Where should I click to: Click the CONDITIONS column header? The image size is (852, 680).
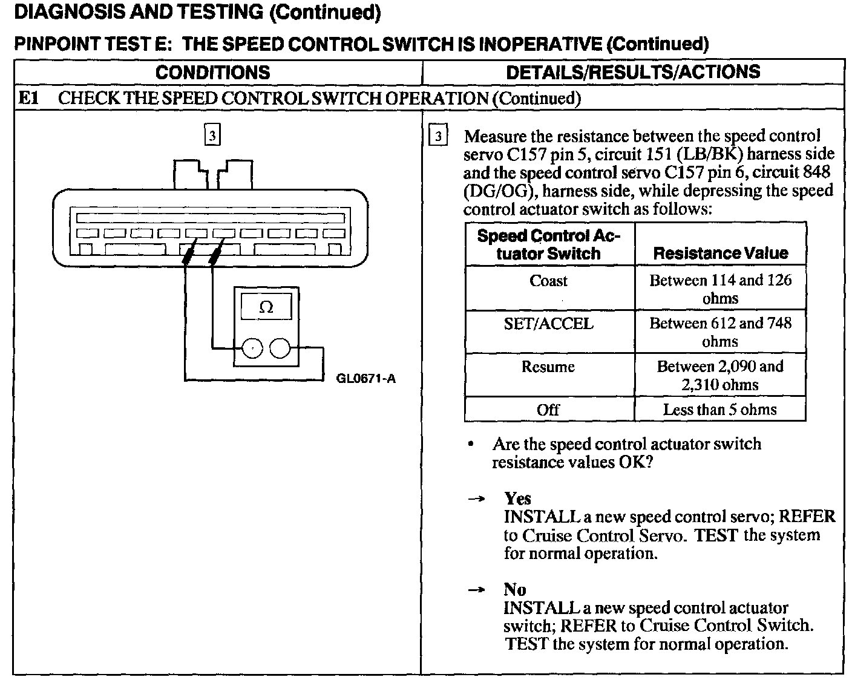(x=212, y=73)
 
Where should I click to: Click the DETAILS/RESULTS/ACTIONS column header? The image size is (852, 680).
(x=632, y=72)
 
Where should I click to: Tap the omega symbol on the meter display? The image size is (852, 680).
(x=266, y=307)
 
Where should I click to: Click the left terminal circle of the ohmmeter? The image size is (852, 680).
(x=252, y=348)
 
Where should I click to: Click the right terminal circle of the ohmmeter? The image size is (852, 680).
(x=280, y=348)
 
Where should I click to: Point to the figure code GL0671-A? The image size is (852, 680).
(x=365, y=379)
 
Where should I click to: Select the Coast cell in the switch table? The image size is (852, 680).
(x=548, y=281)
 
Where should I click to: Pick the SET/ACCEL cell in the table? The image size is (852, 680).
(x=548, y=324)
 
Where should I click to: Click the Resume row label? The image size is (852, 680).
(x=548, y=367)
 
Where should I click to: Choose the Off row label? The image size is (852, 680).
(x=548, y=410)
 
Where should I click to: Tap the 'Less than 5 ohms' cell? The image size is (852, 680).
(x=719, y=410)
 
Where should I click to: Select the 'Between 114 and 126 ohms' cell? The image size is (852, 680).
(x=719, y=289)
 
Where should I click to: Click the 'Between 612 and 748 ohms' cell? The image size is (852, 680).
(x=719, y=332)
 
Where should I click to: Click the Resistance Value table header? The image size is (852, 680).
(x=720, y=253)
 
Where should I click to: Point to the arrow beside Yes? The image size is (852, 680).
(x=477, y=499)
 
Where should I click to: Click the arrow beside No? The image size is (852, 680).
(x=477, y=590)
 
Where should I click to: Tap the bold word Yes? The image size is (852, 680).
(x=517, y=499)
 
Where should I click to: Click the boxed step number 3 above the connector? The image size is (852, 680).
(x=212, y=136)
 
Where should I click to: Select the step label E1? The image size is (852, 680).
(x=28, y=98)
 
